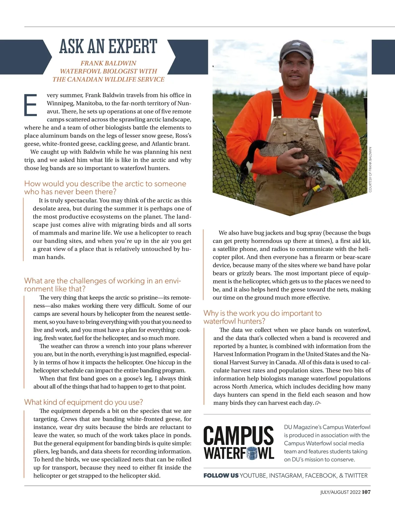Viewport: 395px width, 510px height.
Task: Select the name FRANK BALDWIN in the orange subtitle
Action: tap(108, 63)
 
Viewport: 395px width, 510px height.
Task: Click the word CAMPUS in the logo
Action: tap(239, 436)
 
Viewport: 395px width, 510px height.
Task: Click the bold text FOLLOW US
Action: tap(221, 475)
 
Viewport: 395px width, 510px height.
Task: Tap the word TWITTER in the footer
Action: tap(356, 475)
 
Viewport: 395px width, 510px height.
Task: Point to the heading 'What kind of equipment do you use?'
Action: tap(84, 402)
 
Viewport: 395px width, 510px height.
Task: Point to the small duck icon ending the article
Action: tap(318, 403)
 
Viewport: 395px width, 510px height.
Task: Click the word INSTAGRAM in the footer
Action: tap(285, 475)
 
